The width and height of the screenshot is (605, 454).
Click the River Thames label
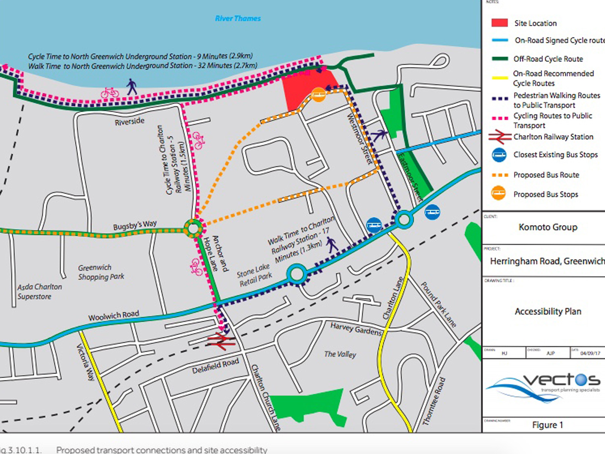[238, 18]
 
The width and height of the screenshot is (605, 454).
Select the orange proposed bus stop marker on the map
[318, 95]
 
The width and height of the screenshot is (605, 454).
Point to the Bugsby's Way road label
[135, 225]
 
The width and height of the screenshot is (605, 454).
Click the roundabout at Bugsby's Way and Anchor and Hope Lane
[193, 229]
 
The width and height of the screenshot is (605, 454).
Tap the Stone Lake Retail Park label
[254, 275]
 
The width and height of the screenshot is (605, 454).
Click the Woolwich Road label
[113, 316]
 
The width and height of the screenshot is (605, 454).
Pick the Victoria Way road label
[86, 362]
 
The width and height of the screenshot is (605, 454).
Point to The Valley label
[340, 354]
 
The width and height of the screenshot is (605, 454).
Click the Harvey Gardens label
[356, 329]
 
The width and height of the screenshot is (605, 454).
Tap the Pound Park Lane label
[439, 305]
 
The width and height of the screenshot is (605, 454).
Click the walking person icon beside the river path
[132, 87]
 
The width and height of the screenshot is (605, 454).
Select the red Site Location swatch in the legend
[499, 23]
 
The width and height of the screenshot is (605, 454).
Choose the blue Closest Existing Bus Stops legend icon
[499, 155]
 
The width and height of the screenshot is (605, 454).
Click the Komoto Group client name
[548, 227]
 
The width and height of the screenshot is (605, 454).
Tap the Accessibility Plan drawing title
[548, 311]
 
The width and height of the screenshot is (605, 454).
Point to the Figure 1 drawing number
[548, 425]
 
